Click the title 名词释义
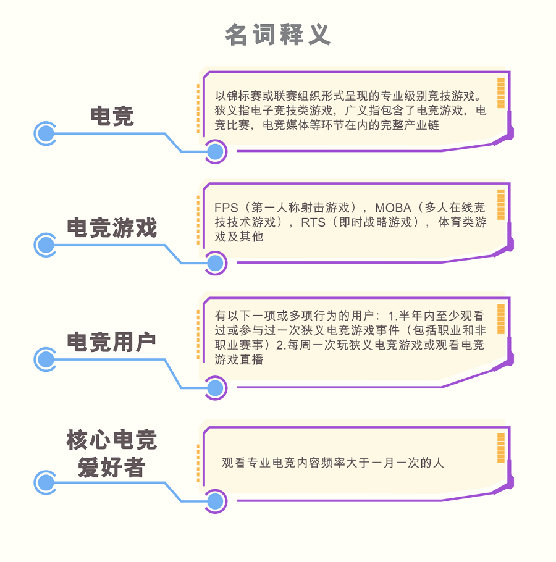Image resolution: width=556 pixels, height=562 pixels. (x=277, y=35)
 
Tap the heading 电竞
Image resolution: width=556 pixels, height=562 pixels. (x=112, y=116)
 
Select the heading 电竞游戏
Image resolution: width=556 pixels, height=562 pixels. (x=112, y=228)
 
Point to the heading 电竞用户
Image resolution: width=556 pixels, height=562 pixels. (x=111, y=342)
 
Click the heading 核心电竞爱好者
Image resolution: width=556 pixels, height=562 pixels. (x=111, y=453)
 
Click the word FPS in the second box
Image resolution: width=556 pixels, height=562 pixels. (x=226, y=208)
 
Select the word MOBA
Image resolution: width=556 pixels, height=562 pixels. (x=393, y=208)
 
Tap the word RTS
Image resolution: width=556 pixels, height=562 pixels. (x=313, y=222)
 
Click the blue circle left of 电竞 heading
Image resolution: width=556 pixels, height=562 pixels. (x=46, y=133)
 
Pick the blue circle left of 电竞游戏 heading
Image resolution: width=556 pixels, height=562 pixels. (x=46, y=245)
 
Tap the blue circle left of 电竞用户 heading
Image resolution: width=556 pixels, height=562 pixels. (x=46, y=359)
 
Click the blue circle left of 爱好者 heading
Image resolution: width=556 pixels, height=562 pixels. (x=46, y=483)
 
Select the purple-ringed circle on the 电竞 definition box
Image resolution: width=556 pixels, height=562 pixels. (x=216, y=151)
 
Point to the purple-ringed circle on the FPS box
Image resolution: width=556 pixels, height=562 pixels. (x=216, y=264)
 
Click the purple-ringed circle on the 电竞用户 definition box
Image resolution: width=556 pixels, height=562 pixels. (x=216, y=388)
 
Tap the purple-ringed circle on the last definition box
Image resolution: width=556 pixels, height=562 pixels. (x=216, y=501)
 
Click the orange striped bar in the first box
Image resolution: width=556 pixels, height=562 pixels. (x=501, y=93)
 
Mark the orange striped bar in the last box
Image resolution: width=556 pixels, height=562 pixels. (x=501, y=448)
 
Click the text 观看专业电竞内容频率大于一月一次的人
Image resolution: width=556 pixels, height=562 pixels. (x=332, y=463)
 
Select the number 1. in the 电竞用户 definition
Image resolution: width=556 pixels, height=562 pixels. (x=393, y=316)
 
